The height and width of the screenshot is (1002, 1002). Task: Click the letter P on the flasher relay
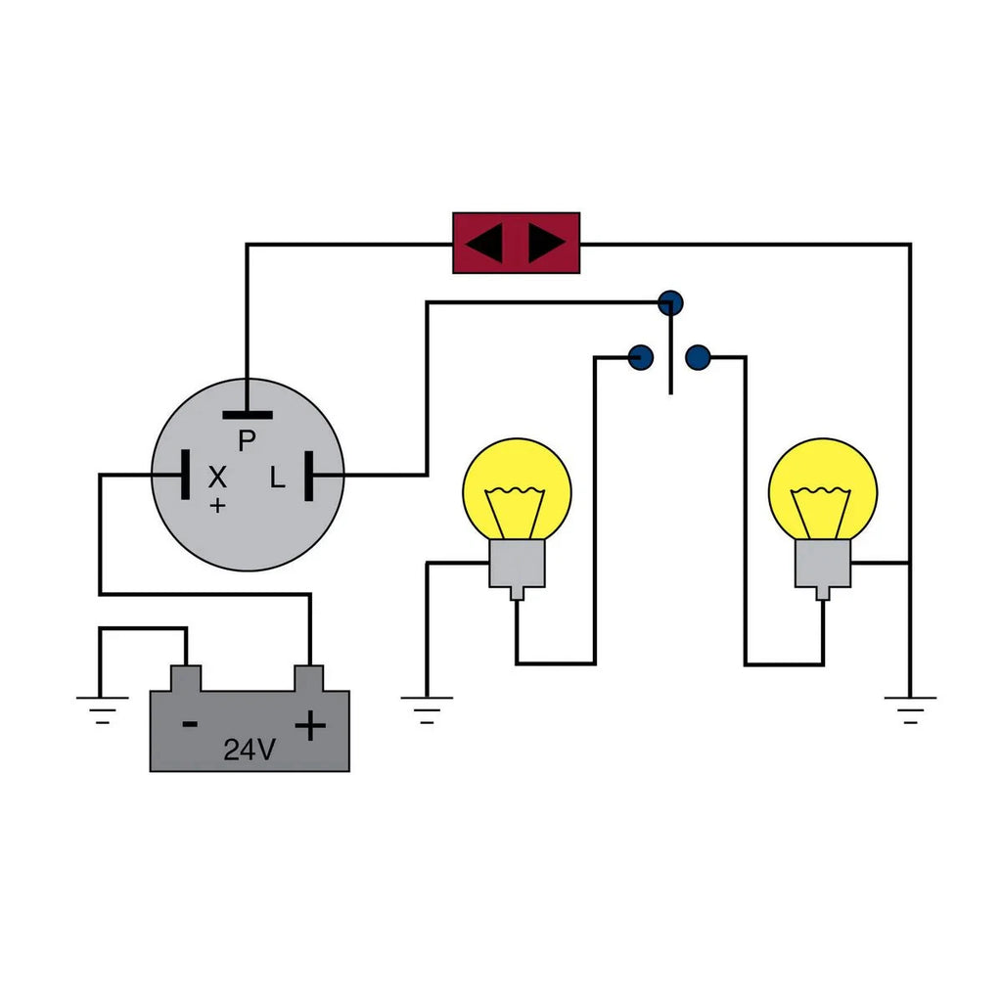pyautogui.click(x=247, y=441)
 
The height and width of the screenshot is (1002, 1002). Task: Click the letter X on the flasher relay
pyautogui.click(x=217, y=478)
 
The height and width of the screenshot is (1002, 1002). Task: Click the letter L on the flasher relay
pyautogui.click(x=278, y=478)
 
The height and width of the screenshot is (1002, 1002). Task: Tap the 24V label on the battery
pyautogui.click(x=250, y=750)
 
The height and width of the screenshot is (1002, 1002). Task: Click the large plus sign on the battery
pyautogui.click(x=310, y=725)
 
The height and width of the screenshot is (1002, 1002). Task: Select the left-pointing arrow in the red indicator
pyautogui.click(x=484, y=244)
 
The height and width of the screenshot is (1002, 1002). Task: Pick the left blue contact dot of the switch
pyautogui.click(x=640, y=357)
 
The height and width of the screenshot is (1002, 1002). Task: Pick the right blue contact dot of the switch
pyautogui.click(x=697, y=357)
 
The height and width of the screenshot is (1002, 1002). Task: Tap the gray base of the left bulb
pyautogui.click(x=517, y=564)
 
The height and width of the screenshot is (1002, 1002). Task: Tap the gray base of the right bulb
pyautogui.click(x=823, y=564)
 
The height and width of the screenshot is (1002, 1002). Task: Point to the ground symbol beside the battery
pyautogui.click(x=102, y=706)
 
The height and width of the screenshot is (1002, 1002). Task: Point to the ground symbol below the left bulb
pyautogui.click(x=427, y=706)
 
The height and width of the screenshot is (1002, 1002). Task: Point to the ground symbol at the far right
pyautogui.click(x=910, y=706)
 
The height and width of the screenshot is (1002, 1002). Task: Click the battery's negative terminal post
pyautogui.click(x=186, y=677)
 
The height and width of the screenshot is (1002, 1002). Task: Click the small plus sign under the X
pyautogui.click(x=217, y=505)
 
